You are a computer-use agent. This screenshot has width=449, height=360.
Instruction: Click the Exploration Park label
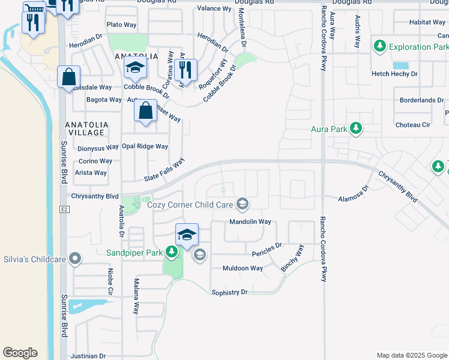(x=418, y=46)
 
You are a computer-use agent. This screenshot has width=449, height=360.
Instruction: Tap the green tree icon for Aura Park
(x=356, y=128)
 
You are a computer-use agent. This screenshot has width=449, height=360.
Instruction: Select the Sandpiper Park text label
(x=134, y=253)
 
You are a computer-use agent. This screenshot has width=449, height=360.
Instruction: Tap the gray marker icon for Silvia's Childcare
(x=74, y=259)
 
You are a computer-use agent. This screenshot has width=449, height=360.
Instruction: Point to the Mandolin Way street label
(x=250, y=221)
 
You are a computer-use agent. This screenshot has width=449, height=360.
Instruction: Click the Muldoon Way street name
(x=243, y=268)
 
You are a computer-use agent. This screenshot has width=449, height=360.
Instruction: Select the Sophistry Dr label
(x=229, y=292)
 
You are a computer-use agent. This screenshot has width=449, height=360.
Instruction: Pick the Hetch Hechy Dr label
(x=394, y=73)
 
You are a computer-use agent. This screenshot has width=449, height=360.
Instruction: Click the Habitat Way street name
(x=427, y=22)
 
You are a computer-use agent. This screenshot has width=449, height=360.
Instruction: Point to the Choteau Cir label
(x=413, y=125)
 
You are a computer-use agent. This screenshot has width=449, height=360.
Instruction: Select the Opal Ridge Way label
(x=145, y=146)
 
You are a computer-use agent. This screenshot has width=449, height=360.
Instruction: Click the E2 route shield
(x=64, y=210)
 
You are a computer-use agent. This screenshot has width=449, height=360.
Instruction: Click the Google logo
(x=20, y=352)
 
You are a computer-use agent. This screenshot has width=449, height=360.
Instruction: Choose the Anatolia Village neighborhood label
(x=86, y=129)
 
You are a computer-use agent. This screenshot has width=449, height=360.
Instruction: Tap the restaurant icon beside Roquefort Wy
(x=186, y=70)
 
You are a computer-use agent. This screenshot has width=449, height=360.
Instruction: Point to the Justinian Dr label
(x=88, y=355)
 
